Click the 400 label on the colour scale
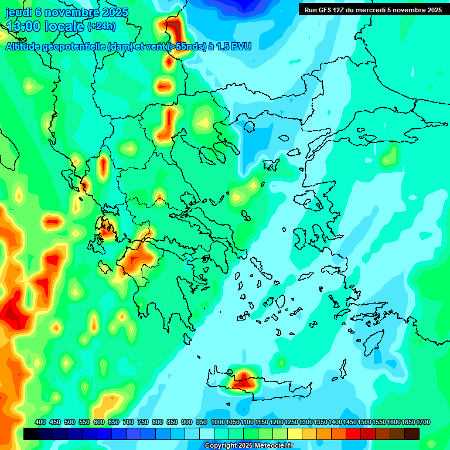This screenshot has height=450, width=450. pyautogui.click(x=40, y=422)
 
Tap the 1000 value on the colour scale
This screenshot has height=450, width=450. pyautogui.click(x=218, y=422)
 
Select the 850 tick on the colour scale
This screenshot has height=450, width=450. pyautogui.click(x=172, y=422)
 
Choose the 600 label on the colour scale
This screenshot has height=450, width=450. pyautogui.click(x=99, y=422)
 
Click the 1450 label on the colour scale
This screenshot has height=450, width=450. pyautogui.click(x=350, y=422)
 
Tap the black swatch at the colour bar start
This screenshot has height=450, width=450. pyautogui.click(x=31, y=434)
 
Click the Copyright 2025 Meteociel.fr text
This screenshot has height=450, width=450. pyautogui.click(x=248, y=446)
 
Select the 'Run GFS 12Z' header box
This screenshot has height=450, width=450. pyautogui.click(x=372, y=10)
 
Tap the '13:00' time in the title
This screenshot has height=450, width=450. pyautogui.click(x=23, y=26)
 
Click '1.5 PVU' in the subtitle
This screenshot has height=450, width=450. pyautogui.click(x=233, y=46)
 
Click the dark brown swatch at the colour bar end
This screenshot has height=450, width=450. pyautogui.click(x=412, y=434)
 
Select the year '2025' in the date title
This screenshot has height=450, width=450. pyautogui.click(x=113, y=12)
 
